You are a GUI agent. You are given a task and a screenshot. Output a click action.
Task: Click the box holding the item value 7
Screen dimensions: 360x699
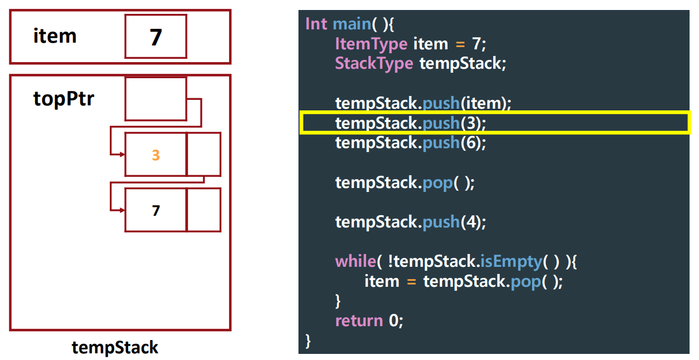pos(155,37)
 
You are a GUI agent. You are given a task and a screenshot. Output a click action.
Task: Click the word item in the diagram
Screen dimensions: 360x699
pos(55,36)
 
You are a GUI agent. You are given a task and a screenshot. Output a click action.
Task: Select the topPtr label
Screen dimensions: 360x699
pos(64,99)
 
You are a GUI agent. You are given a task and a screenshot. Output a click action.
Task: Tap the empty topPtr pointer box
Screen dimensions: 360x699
pos(155,99)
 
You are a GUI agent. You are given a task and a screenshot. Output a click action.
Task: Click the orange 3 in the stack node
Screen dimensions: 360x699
pos(156,155)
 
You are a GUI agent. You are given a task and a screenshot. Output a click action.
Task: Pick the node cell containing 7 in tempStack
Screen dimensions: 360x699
pos(156,210)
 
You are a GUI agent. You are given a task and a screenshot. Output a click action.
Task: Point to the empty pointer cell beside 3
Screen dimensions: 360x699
pos(204,154)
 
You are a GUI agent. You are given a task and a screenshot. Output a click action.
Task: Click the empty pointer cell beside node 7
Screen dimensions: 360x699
pos(204,210)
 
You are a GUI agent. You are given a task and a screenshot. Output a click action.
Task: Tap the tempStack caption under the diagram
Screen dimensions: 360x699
pos(115,348)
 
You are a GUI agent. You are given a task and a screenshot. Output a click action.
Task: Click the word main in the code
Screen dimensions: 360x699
pos(351,24)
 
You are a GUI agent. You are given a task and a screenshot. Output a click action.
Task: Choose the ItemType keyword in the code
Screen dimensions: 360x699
pos(371,43)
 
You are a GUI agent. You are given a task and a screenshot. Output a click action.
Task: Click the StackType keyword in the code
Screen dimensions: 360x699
pos(374,63)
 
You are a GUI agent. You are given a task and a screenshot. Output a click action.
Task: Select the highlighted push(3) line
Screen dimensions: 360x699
pos(411,123)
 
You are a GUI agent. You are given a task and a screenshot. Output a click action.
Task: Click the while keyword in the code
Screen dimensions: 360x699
pos(355,261)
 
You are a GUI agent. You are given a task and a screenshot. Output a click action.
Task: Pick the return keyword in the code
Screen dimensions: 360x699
pos(359,321)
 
